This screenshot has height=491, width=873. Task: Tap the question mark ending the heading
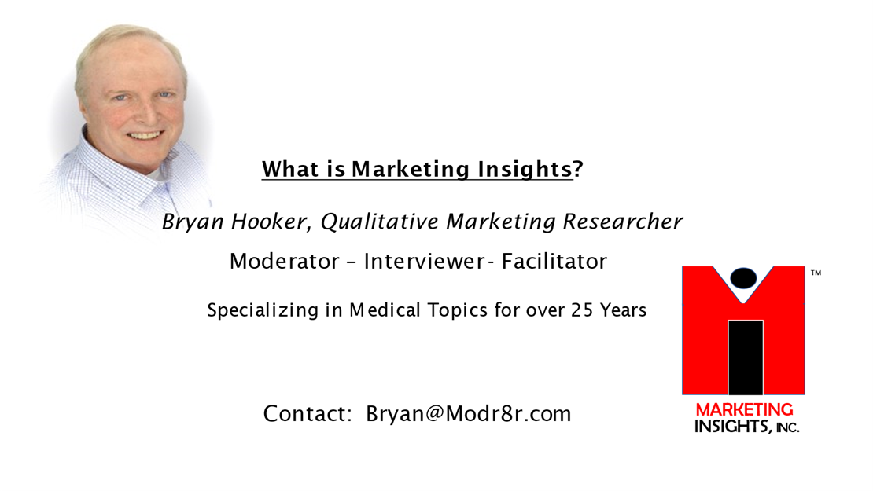point(578,168)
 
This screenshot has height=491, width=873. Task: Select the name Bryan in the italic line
point(193,222)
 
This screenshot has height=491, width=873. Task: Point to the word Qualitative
point(380,222)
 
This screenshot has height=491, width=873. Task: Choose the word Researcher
point(622,222)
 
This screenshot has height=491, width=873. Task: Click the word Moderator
point(285,261)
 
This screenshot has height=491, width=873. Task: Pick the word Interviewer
point(424,261)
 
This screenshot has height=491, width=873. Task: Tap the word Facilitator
point(554,261)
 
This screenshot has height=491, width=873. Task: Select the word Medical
point(385,310)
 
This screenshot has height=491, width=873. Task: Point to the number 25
point(582,310)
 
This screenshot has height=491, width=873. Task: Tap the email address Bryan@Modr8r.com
point(468,414)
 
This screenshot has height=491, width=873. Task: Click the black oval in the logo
point(743,278)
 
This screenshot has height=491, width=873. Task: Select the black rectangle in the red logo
point(746,357)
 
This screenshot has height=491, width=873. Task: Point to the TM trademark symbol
point(816,273)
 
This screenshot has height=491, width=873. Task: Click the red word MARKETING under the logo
point(744,410)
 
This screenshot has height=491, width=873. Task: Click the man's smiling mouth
point(145,136)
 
